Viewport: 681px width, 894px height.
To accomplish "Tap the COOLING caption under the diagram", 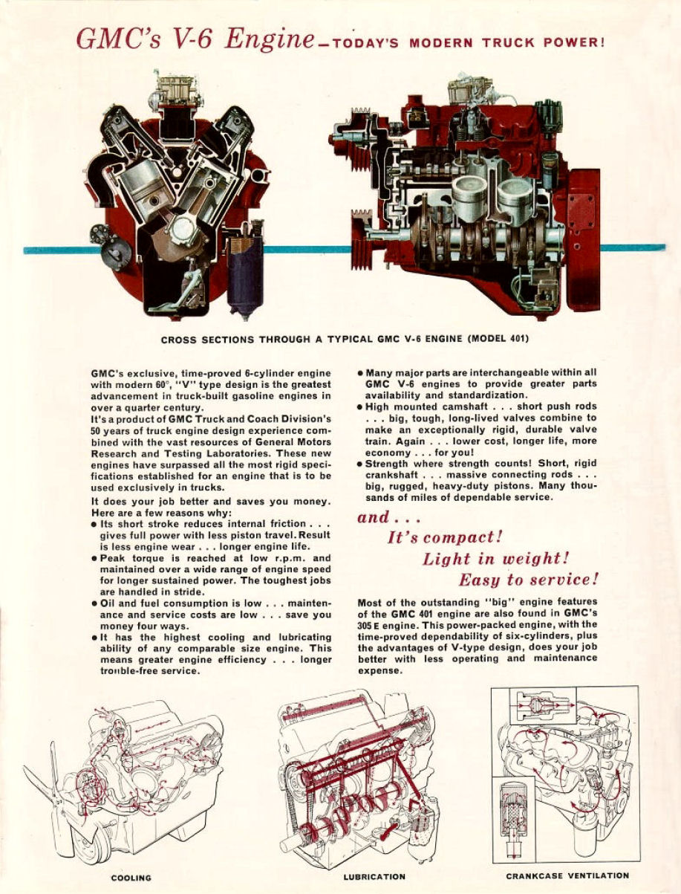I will [131, 878].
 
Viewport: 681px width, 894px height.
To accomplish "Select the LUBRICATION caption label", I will [374, 877].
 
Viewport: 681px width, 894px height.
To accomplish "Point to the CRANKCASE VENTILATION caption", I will [567, 875].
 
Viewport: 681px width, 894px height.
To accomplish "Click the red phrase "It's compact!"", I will [445, 537].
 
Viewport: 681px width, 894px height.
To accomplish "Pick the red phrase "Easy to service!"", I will [529, 580].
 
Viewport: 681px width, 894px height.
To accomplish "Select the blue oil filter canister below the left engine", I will [244, 276].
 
